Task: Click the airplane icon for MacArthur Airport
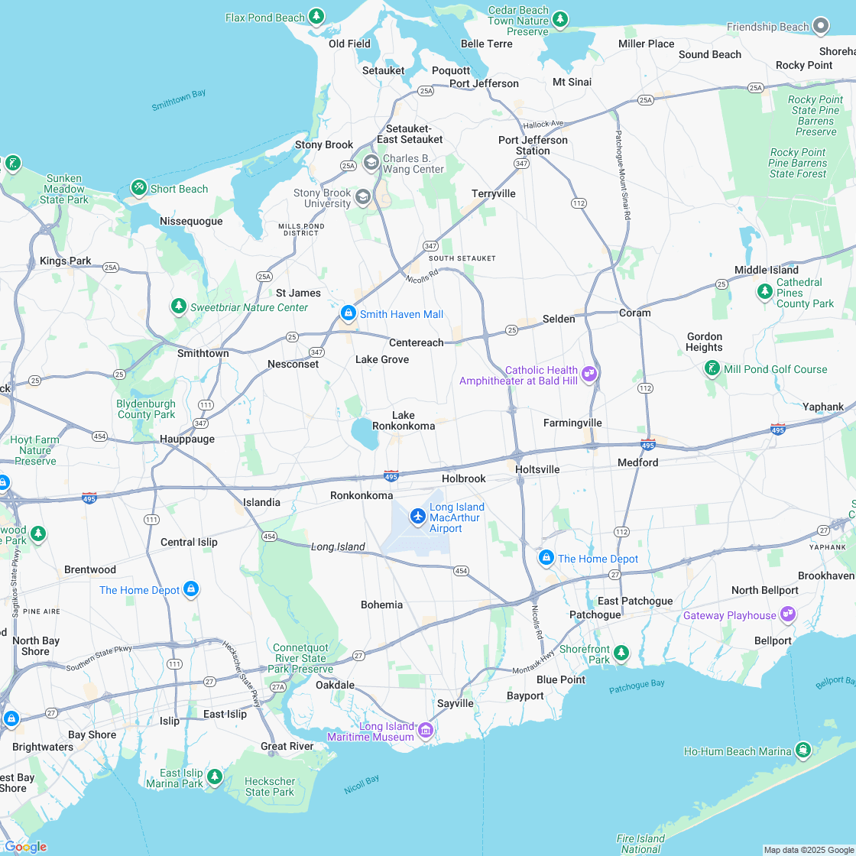pos(417,517)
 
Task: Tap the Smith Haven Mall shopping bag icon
pos(349,313)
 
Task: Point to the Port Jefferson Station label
pos(533,145)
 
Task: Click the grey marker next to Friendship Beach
pos(822,27)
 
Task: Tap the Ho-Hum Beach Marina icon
pos(803,751)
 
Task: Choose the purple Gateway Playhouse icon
pos(788,614)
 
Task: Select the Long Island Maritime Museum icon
pos(426,731)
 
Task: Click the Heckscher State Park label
pos(270,786)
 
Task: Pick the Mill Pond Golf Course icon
pos(712,369)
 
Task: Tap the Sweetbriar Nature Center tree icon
pos(179,306)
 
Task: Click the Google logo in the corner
pos(25,846)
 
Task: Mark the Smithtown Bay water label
pos(179,100)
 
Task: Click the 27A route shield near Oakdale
pos(277,687)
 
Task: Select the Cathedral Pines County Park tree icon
pos(764,292)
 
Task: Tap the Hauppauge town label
pos(187,439)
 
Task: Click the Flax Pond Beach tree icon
pos(316,17)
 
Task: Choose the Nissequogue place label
pos(191,222)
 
